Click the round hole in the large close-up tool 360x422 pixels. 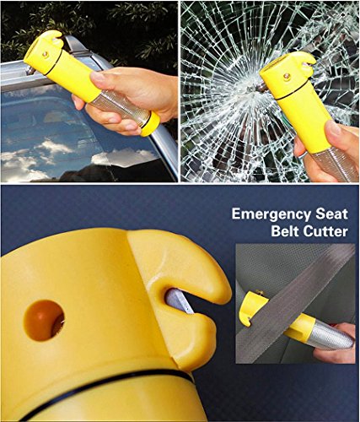(x=43, y=320)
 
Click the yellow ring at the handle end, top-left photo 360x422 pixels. (x=150, y=124)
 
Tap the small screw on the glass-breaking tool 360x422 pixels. (x=284, y=76)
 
